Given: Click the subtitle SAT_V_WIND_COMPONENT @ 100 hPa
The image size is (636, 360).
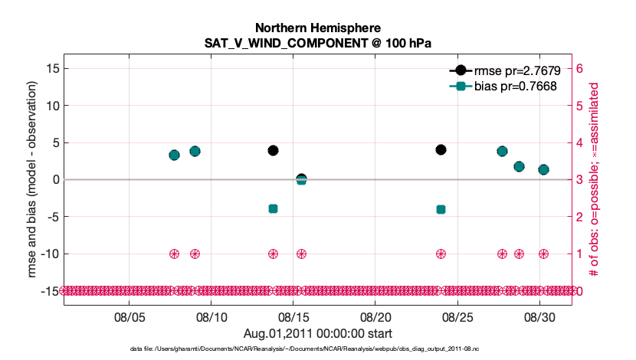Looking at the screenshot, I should pyautogui.click(x=318, y=43).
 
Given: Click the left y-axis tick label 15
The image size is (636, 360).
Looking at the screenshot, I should pyautogui.click(x=53, y=68).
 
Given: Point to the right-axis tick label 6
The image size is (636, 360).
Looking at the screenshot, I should pyautogui.click(x=580, y=68).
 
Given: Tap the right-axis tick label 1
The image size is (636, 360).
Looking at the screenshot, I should pyautogui.click(x=580, y=254).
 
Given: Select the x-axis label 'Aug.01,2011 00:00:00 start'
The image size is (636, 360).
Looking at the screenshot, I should pyautogui.click(x=318, y=333).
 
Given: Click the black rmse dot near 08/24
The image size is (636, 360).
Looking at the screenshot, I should pyautogui.click(x=441, y=149).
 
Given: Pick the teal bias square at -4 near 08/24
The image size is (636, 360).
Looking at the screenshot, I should pyautogui.click(x=441, y=209).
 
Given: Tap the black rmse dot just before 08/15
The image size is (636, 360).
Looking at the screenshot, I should pyautogui.click(x=273, y=150).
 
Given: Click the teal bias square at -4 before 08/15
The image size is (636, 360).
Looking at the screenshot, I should pyautogui.click(x=273, y=208).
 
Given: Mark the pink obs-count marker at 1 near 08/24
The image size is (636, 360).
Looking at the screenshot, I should pyautogui.click(x=441, y=254).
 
